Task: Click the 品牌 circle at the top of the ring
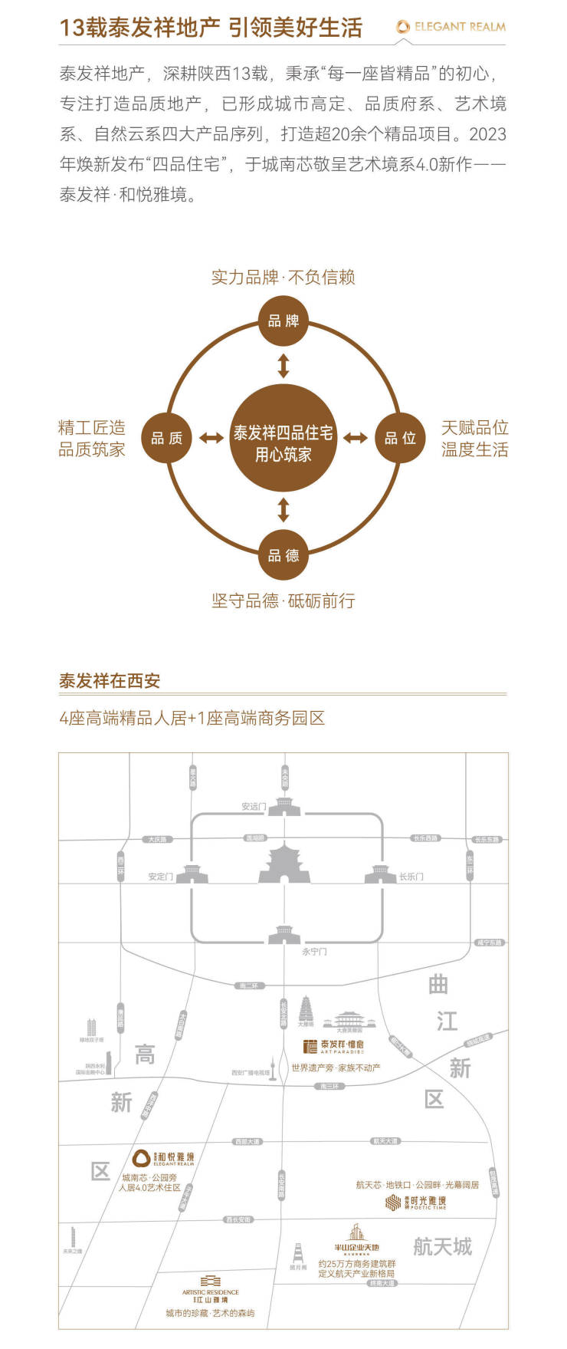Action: [283, 321]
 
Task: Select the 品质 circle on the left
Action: [167, 438]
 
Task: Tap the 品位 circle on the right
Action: [400, 438]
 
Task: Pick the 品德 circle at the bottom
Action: [283, 555]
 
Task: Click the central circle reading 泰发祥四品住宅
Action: [283, 438]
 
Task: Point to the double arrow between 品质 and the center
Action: [211, 438]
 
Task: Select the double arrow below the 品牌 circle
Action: [283, 365]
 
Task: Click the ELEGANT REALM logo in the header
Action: [451, 27]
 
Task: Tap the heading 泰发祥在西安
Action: [110, 681]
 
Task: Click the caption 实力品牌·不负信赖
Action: [283, 277]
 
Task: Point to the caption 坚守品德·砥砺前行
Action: [283, 600]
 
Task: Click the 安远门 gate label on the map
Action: [254, 807]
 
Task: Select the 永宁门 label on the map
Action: [314, 952]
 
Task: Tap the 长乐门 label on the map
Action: [411, 877]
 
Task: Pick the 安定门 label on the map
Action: [160, 877]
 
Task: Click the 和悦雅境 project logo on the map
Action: [163, 1158]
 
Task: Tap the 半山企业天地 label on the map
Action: [357, 1248]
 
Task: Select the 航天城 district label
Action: [442, 1247]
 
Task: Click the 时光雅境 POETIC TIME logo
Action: [415, 1203]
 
